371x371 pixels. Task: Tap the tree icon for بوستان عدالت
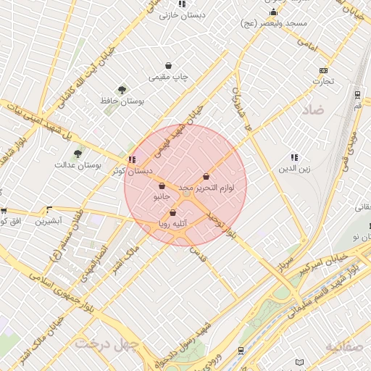[78, 153]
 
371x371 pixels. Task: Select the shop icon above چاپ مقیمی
[168, 65]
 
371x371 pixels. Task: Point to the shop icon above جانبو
[161, 186]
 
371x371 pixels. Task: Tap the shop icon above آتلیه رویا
[172, 213]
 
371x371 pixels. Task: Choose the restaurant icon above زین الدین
[294, 157]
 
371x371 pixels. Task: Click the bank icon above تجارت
[322, 70]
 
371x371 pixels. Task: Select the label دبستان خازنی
[181, 14]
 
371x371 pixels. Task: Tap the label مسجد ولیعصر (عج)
[274, 23]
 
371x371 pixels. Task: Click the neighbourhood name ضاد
[317, 109]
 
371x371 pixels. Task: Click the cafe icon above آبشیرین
[49, 208]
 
